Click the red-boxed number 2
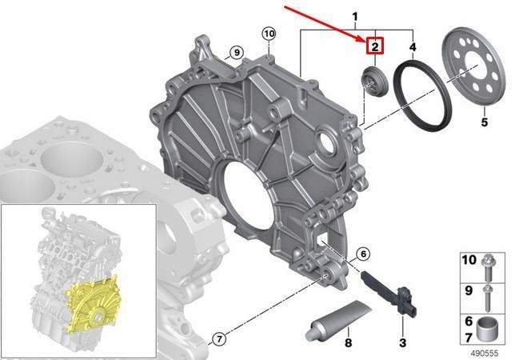375,46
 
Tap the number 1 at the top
355,17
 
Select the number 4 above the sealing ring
413,47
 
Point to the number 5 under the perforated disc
485,122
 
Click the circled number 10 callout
269,34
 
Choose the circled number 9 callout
237,52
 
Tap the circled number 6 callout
363,254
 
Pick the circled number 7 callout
218,339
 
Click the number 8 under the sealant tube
348,342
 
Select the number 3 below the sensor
402,342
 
